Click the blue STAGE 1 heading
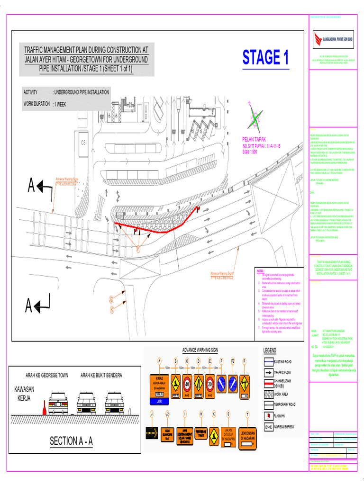click(x=265, y=58)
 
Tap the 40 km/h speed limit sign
click(x=187, y=382)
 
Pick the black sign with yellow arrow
click(x=153, y=431)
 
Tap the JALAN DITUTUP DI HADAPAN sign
click(x=228, y=434)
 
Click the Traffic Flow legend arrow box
click(x=269, y=372)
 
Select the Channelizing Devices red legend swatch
click(x=269, y=383)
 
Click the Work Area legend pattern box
click(x=269, y=394)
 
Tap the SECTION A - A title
click(x=72, y=441)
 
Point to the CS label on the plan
click(x=83, y=142)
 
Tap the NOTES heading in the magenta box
click(x=260, y=271)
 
